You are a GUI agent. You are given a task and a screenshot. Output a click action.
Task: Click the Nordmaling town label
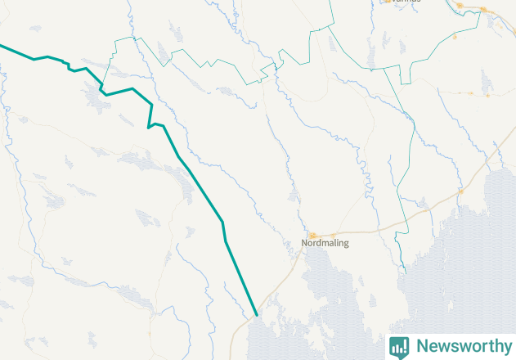(x=325, y=243)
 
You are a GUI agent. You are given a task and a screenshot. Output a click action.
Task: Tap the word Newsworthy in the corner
(x=463, y=346)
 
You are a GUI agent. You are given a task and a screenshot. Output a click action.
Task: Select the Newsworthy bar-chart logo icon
(x=399, y=346)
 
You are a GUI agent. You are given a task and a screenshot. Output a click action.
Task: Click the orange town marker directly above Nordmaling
(x=312, y=235)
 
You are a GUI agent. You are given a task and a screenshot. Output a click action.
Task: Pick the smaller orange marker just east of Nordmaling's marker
(x=333, y=235)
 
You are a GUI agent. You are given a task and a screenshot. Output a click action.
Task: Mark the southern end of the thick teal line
(x=256, y=314)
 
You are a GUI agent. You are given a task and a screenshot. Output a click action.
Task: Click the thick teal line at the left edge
(x=2, y=46)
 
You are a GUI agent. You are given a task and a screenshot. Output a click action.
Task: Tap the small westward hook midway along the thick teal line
(x=149, y=127)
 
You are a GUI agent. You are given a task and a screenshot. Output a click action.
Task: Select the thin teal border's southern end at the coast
(x=403, y=272)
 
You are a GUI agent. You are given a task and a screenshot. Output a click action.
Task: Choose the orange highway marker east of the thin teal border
(x=460, y=191)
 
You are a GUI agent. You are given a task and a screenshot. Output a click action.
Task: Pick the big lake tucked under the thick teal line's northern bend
(x=95, y=98)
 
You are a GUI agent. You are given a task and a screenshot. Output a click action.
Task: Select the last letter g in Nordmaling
(x=345, y=244)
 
